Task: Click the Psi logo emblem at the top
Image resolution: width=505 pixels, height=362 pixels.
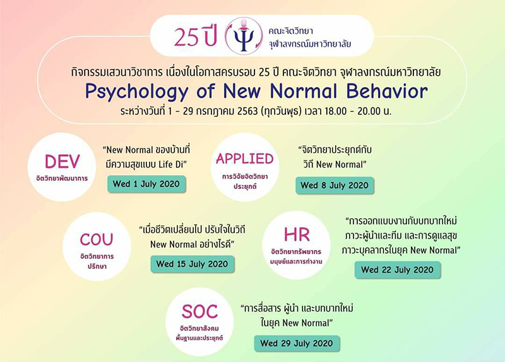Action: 244,36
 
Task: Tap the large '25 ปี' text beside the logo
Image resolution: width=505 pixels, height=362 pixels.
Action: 194,37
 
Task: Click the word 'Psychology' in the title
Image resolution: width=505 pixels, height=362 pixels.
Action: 136,92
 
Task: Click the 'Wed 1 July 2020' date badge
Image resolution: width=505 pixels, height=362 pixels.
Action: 146,184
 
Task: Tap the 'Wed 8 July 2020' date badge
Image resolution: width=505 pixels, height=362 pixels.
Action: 335,185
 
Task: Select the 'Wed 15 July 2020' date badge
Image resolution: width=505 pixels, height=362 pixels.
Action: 193,264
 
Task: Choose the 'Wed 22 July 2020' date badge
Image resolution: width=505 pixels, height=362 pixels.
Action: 398,270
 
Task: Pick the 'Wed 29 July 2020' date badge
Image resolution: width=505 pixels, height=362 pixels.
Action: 297,343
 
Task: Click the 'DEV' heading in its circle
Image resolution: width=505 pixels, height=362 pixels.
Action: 62,162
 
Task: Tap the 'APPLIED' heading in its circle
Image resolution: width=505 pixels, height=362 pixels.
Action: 245,159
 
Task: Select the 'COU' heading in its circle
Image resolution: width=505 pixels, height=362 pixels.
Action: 97,239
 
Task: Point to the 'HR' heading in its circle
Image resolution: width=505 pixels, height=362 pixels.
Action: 297,234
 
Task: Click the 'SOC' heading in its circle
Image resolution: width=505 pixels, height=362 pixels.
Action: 199,311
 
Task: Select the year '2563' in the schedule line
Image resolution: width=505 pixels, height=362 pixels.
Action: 247,111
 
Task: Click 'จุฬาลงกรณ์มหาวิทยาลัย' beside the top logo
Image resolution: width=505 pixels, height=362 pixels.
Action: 310,44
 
